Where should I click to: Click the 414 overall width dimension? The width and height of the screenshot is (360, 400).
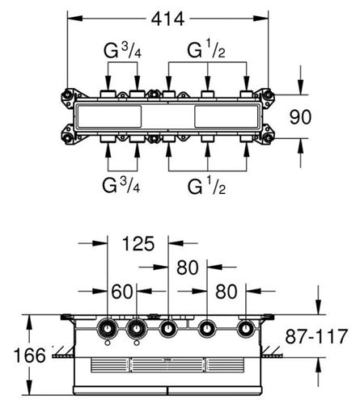167,19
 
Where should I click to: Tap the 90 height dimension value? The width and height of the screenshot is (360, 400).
300,117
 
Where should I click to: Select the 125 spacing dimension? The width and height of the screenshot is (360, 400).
138,243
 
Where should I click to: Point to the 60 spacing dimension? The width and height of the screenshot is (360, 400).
122,292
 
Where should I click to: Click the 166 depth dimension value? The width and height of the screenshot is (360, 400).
30,356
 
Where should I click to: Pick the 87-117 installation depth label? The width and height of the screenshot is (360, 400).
316,336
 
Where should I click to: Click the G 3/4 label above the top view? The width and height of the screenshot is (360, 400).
122,51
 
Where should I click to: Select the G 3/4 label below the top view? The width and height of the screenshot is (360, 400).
121,185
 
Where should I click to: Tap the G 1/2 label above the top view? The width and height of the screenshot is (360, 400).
206,51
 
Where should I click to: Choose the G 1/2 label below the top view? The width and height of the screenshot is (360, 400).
206,187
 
